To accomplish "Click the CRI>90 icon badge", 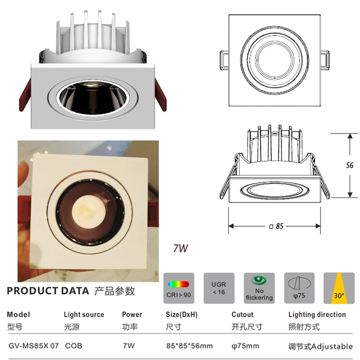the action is [179, 288].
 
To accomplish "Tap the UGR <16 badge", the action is [219, 288].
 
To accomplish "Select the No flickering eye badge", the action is [259, 288].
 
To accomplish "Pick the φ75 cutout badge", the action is [299, 288].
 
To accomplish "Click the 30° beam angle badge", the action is [339, 288].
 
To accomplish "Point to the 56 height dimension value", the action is [350, 165].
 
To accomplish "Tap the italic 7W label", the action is [180, 248].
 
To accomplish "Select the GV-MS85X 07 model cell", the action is [33, 346].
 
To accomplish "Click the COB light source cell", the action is [73, 346].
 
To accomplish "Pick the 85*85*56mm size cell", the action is [189, 346].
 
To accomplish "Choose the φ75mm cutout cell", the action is [245, 346].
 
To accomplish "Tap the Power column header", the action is [132, 315].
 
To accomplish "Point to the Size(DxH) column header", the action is [182, 315].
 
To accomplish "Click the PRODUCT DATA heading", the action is [48, 291].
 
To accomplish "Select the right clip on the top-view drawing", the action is [325, 60].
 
